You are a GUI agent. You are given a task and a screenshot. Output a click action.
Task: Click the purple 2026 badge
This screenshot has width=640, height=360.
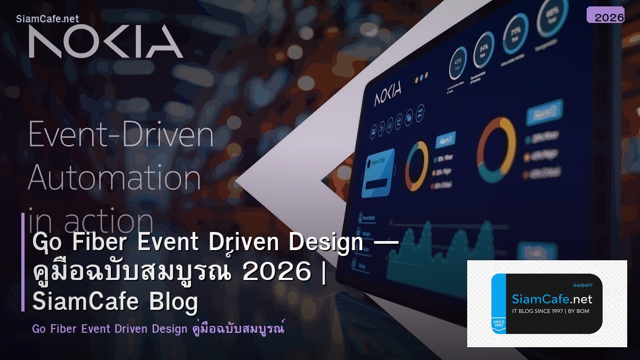click(x=605, y=15)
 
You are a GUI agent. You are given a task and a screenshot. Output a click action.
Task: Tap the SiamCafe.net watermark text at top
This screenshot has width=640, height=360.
click(x=47, y=19)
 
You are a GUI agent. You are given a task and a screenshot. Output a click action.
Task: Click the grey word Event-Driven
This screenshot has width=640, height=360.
click(x=121, y=135)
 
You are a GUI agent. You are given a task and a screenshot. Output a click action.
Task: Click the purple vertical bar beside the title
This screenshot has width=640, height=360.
click(x=23, y=262)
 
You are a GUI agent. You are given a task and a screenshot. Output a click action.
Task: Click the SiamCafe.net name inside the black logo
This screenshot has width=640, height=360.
click(x=551, y=299)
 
